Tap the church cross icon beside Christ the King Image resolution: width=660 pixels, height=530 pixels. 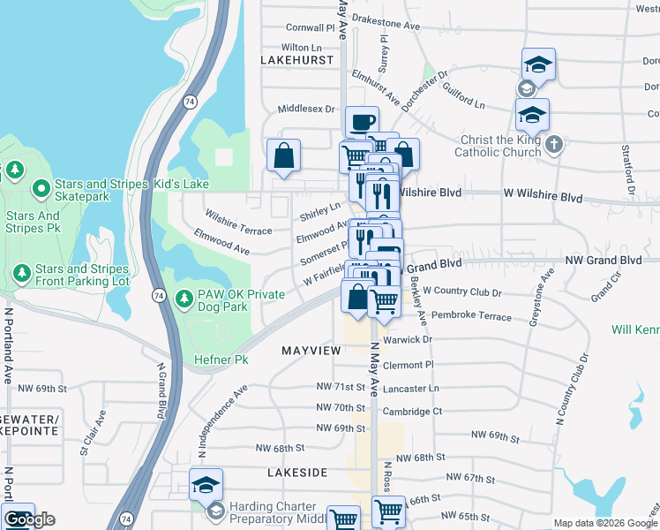(554, 145)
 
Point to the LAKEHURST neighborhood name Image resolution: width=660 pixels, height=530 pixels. (297, 60)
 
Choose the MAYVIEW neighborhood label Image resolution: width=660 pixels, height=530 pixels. (311, 351)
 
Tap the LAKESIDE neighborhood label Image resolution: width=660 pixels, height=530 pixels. (297, 473)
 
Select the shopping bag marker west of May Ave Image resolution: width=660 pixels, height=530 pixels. (284, 155)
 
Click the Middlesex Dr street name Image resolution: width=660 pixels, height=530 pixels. (306, 109)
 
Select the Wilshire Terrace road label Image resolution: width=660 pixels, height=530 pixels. (237, 222)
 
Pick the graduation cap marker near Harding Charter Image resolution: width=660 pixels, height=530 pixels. (206, 484)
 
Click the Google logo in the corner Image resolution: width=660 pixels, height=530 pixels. (29, 519)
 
